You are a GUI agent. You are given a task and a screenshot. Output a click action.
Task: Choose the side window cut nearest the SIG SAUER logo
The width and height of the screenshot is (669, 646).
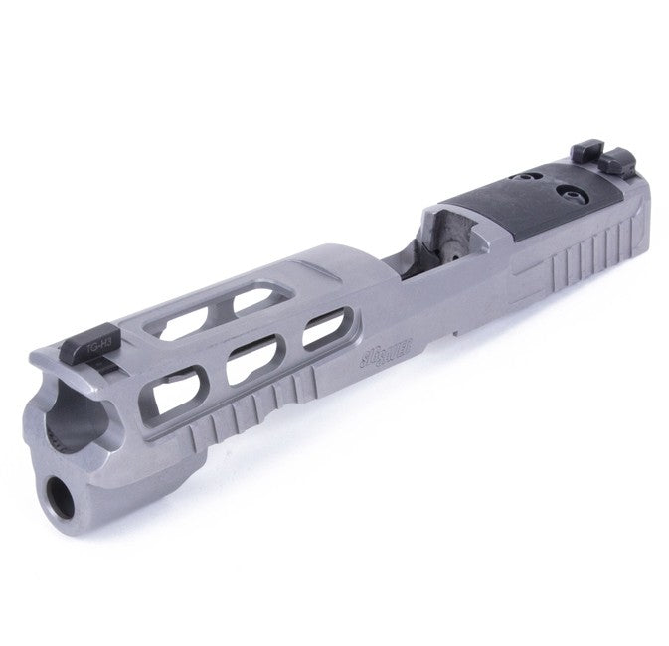(x=320, y=332)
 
